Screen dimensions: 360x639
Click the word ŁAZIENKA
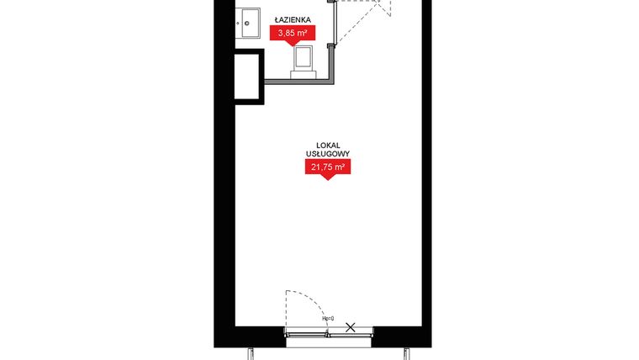293,19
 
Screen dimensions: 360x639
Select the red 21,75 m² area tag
328,167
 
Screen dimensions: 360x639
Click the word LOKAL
328,146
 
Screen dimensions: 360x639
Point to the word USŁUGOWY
328,154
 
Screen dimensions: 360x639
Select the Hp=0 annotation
328,319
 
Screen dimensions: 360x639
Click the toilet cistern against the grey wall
303,74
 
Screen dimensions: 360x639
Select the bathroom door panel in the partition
335,24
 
